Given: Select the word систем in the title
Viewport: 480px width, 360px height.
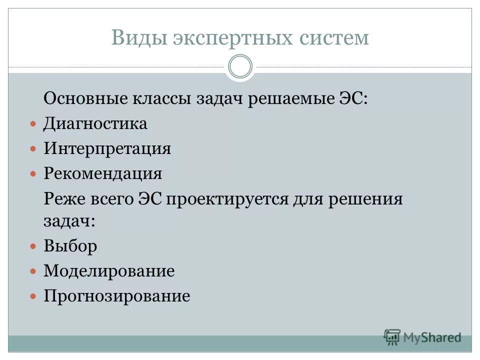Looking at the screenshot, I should coord(334,38).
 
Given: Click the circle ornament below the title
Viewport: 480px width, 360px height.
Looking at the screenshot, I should coord(240,67).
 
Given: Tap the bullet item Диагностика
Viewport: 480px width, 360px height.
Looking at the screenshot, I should coord(95,123).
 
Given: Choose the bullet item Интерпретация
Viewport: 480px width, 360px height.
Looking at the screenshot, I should coord(107,148).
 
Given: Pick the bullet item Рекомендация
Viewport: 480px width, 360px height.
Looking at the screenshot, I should coord(102,173).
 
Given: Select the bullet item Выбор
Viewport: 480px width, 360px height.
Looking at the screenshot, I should coord(70,246).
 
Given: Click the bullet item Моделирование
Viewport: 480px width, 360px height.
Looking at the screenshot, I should coord(109,271).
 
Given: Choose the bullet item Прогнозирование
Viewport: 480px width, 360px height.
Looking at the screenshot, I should coord(116,296).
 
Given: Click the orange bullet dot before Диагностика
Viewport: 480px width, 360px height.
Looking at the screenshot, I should coord(33,123).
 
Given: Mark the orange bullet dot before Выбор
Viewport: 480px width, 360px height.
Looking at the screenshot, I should coord(33,246).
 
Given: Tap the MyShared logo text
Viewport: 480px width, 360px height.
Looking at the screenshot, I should coord(432,337).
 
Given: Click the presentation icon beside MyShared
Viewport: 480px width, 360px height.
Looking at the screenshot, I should coord(392,337).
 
